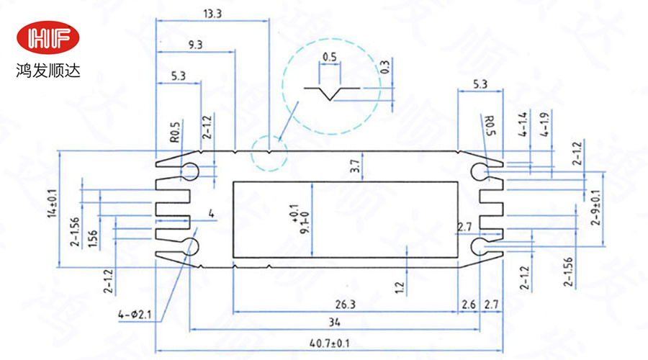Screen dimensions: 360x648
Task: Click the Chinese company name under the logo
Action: [50, 72]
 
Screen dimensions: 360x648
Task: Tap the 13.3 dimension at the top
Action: [212, 13]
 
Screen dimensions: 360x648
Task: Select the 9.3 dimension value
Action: [194, 45]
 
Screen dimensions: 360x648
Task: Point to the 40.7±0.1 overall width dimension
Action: [329, 343]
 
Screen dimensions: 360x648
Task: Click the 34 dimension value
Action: [333, 321]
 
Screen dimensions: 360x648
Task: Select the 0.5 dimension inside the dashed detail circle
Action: [330, 56]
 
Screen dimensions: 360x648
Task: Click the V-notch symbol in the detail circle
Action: [331, 93]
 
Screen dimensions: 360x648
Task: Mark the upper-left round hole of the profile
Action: [191, 171]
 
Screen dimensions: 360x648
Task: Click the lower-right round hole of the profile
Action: [480, 247]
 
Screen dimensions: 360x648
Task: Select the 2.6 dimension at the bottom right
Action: [469, 305]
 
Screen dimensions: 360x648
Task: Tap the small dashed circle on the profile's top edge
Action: [269, 153]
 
